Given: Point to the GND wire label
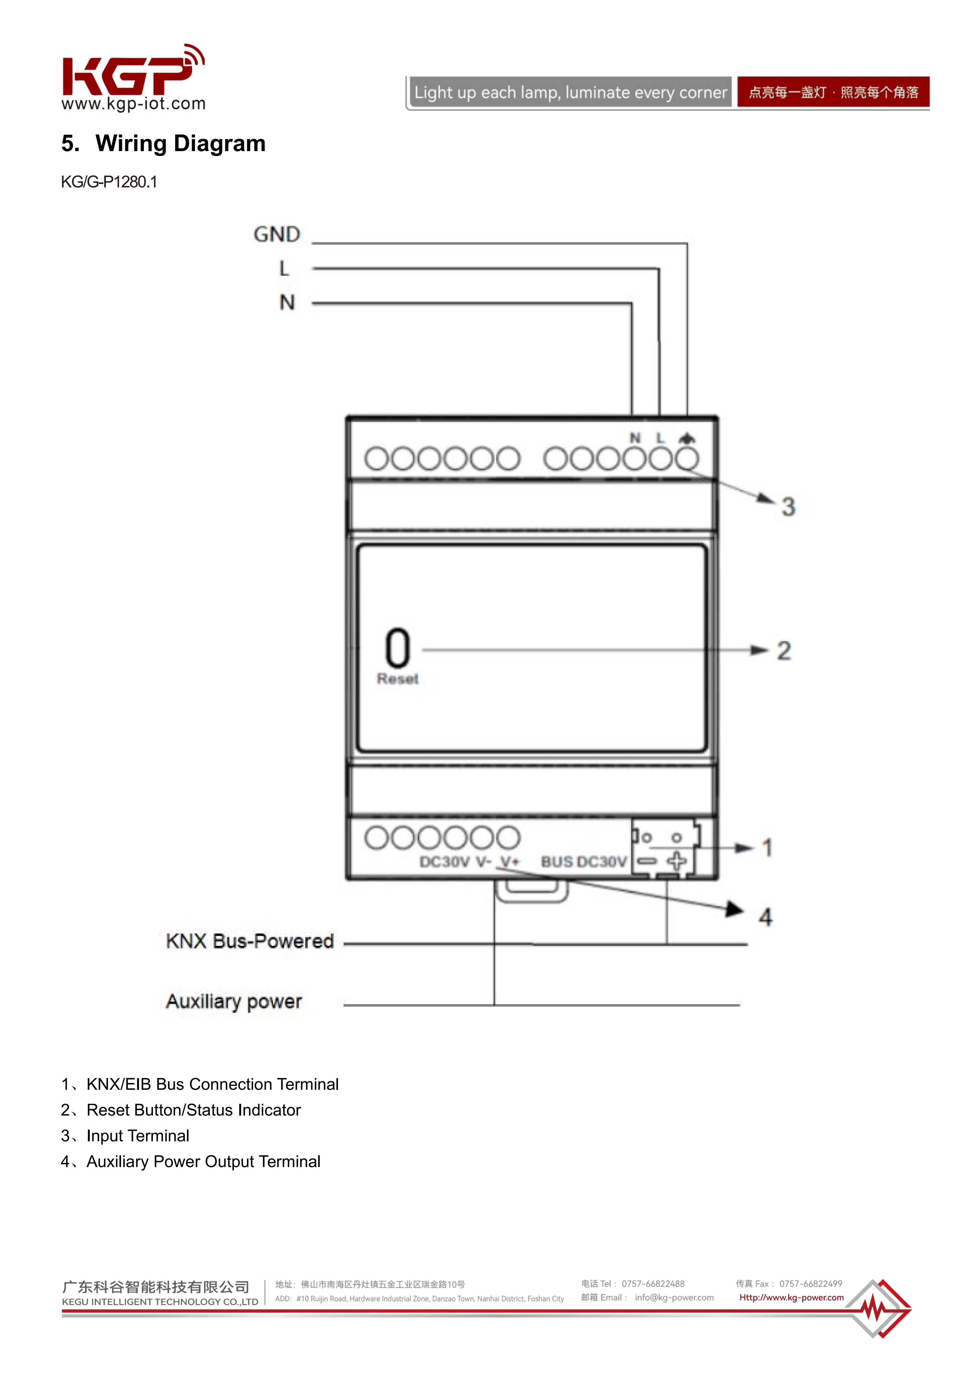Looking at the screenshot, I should pos(276,234).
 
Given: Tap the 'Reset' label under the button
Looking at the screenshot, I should pos(398,679).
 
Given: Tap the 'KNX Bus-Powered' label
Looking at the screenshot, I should pos(250,941).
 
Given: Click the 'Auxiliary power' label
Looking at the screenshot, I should pos(234,1001).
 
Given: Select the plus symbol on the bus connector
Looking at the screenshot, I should pos(677,861).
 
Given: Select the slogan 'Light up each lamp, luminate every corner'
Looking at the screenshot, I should pos(570,92).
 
